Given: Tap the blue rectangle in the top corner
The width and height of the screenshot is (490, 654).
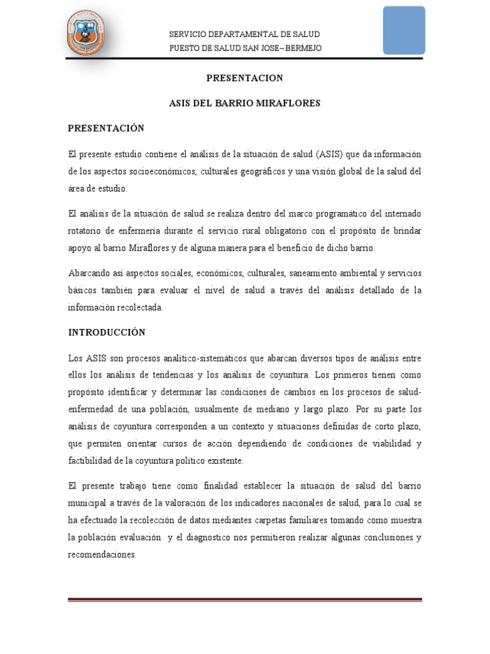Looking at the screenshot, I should [404, 30].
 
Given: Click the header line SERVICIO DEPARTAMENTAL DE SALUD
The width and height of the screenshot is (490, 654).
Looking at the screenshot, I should [244, 34].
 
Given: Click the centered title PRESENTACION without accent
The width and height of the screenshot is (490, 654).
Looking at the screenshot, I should [244, 78].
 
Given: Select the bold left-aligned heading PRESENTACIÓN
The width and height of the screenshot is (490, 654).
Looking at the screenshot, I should [107, 128].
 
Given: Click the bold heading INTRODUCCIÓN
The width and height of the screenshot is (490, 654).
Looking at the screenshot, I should [107, 332].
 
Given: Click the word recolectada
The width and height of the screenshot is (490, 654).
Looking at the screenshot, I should [138, 307].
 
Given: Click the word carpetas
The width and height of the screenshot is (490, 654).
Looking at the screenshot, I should [296, 520].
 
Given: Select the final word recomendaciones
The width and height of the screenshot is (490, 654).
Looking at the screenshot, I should [101, 554].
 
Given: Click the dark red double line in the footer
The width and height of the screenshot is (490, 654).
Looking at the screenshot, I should [245, 599].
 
